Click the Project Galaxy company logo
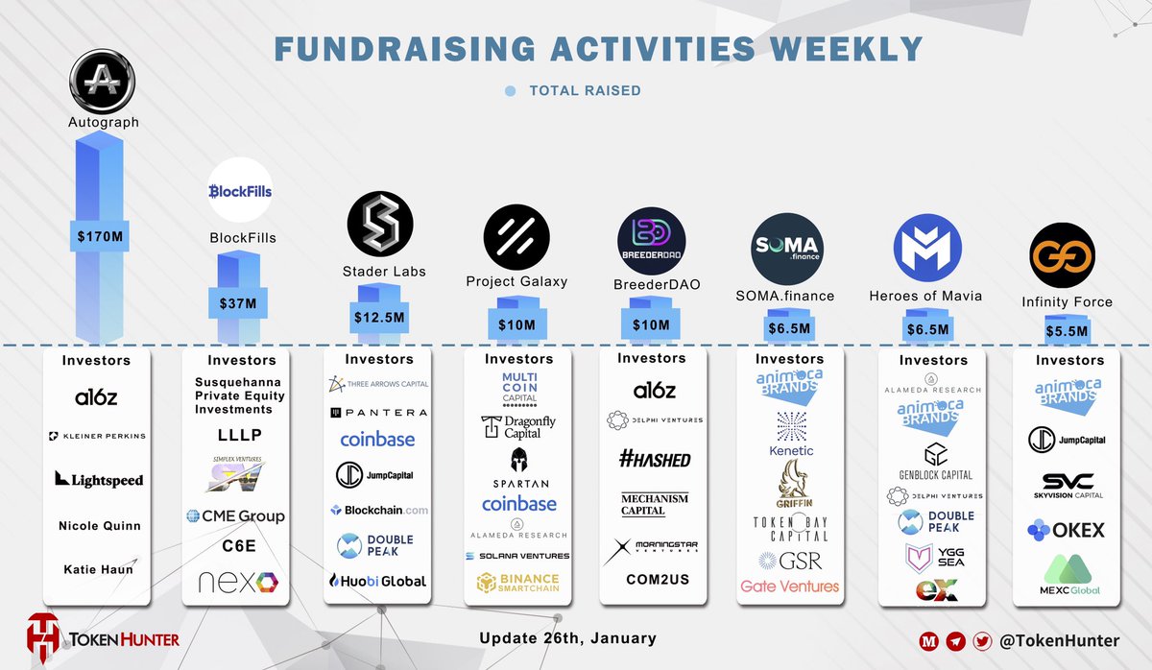(516, 239)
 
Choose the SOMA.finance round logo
(785, 250)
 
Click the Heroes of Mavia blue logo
(926, 249)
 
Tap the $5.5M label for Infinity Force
(1067, 331)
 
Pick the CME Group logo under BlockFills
(236, 516)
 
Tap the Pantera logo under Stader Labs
(378, 413)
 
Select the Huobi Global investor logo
(378, 581)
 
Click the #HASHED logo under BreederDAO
(654, 460)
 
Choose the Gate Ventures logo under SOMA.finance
(789, 586)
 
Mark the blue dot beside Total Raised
(510, 91)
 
